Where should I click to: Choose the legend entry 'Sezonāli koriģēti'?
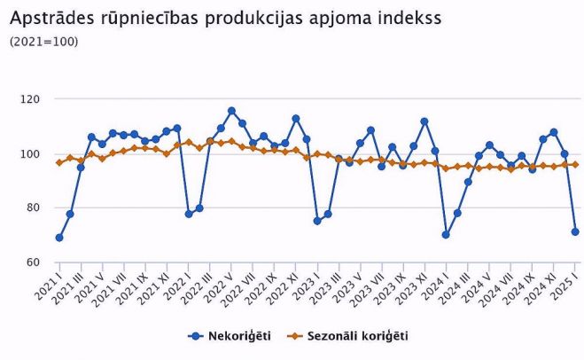[357, 336]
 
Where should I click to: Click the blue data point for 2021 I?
[59, 238]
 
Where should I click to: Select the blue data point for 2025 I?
[575, 232]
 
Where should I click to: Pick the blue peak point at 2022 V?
[231, 111]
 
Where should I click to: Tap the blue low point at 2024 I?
[446, 235]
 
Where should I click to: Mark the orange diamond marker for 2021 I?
[59, 162]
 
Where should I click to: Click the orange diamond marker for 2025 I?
[575, 164]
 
